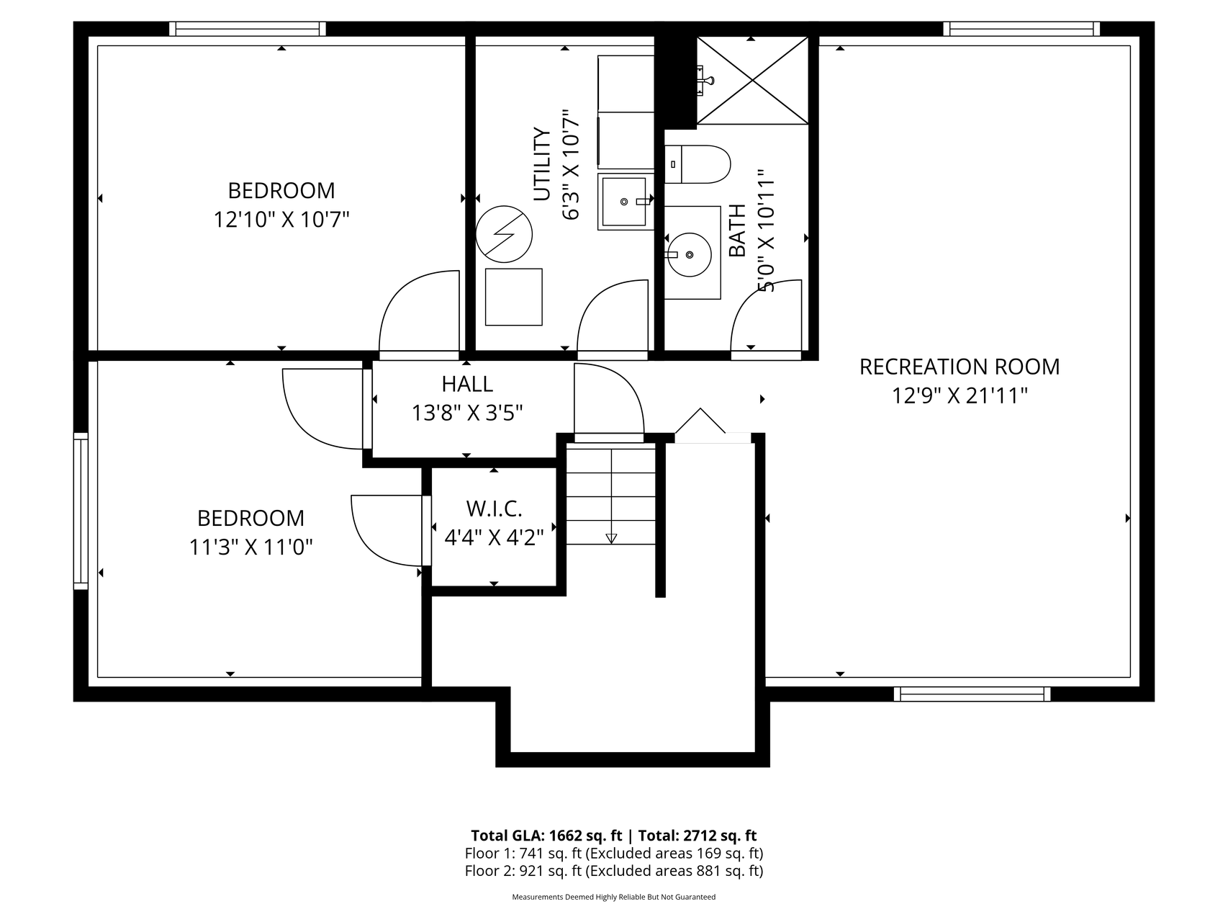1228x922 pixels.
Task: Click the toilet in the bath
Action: point(696,164)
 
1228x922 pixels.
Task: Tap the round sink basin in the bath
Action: point(689,254)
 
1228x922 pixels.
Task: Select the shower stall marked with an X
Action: point(753,80)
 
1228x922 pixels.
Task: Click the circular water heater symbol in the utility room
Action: point(504,234)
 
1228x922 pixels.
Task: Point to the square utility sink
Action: point(626,202)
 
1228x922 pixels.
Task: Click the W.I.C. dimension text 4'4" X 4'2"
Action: point(494,537)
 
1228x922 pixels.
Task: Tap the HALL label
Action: point(467,384)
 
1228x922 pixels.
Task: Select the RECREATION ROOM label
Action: point(960,367)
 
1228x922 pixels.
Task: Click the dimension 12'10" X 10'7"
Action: point(281,219)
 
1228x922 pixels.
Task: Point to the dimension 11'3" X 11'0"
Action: point(250,547)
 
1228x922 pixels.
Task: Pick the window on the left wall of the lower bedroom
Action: point(81,511)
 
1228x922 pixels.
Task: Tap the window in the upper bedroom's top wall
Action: point(248,29)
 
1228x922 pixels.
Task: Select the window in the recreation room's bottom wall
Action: point(972,694)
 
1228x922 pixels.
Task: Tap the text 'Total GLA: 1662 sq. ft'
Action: point(546,836)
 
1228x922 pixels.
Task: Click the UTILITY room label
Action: point(541,164)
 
